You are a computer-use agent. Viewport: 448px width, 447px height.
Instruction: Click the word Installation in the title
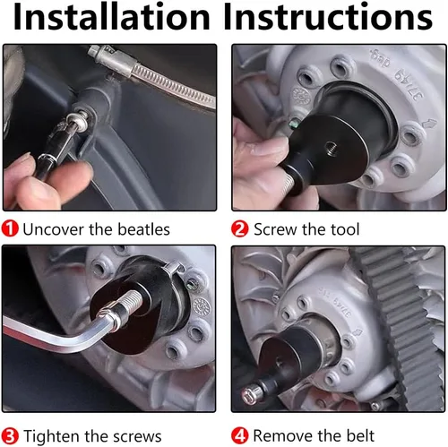click(x=112, y=16)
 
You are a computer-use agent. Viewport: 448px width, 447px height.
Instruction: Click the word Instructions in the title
click(x=328, y=16)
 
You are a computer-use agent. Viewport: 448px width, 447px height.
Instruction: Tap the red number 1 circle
click(x=10, y=228)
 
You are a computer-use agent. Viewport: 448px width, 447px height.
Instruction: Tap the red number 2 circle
click(x=239, y=229)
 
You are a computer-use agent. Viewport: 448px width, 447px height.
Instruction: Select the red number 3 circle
click(x=10, y=436)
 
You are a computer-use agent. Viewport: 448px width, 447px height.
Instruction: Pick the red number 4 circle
click(x=239, y=436)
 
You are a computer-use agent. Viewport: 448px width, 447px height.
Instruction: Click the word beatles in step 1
click(x=143, y=229)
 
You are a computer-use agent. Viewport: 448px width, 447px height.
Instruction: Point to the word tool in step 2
click(x=345, y=229)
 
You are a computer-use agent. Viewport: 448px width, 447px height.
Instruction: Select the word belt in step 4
click(x=360, y=436)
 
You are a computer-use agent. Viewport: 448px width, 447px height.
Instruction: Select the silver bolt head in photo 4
click(x=248, y=395)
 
